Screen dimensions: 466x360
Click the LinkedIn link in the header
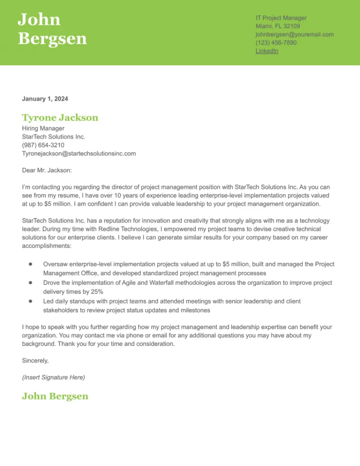pyautogui.click(x=267, y=51)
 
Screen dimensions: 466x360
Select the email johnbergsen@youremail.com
pyautogui.click(x=294, y=34)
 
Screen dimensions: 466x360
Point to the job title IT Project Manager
pyautogui.click(x=281, y=17)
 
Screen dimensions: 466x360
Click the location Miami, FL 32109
pyautogui.click(x=277, y=26)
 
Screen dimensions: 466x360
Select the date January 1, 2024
pyautogui.click(x=45, y=99)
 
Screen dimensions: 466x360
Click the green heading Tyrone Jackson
pyautogui.click(x=60, y=118)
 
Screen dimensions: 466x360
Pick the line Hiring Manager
pyautogui.click(x=43, y=128)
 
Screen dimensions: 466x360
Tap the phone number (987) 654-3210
pyautogui.click(x=43, y=145)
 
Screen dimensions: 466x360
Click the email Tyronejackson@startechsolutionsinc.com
pyautogui.click(x=79, y=153)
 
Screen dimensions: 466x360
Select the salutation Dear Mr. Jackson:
pyautogui.click(x=47, y=170)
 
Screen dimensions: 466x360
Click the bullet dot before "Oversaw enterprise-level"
pyautogui.click(x=30, y=264)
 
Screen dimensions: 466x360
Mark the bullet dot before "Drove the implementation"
pyautogui.click(x=30, y=283)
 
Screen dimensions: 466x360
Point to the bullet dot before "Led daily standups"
pyautogui.click(x=30, y=301)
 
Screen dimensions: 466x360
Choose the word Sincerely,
pyautogui.click(x=35, y=361)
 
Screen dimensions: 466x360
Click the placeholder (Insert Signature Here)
pyautogui.click(x=53, y=377)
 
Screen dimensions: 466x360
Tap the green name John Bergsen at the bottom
pyautogui.click(x=55, y=396)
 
